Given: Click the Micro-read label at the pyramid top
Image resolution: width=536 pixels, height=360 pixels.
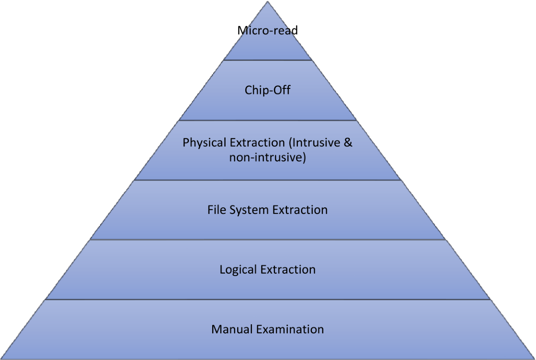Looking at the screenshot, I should (268, 31).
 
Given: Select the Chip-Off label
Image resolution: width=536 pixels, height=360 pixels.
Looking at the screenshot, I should (268, 90).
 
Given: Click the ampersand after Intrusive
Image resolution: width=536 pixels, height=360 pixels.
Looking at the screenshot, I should (348, 143).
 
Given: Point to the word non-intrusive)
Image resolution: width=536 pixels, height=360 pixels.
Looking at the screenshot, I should (268, 157).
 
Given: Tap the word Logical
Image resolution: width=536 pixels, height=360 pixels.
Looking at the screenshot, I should (238, 270).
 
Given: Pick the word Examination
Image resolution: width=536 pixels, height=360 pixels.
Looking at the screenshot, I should (290, 330).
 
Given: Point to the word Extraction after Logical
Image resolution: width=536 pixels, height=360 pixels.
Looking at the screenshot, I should (288, 270).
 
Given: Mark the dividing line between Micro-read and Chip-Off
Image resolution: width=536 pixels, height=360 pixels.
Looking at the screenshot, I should (268, 60).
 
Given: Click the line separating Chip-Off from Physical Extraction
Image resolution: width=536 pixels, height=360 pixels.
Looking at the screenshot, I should (268, 120).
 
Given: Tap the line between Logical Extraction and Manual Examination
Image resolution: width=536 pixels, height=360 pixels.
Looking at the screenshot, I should (268, 300).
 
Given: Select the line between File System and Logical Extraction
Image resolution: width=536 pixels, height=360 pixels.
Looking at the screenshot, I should (268, 240).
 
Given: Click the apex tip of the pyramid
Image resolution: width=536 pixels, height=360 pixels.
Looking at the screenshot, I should (268, 1).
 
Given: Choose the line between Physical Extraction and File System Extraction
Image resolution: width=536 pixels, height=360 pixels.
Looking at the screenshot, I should (268, 180).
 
